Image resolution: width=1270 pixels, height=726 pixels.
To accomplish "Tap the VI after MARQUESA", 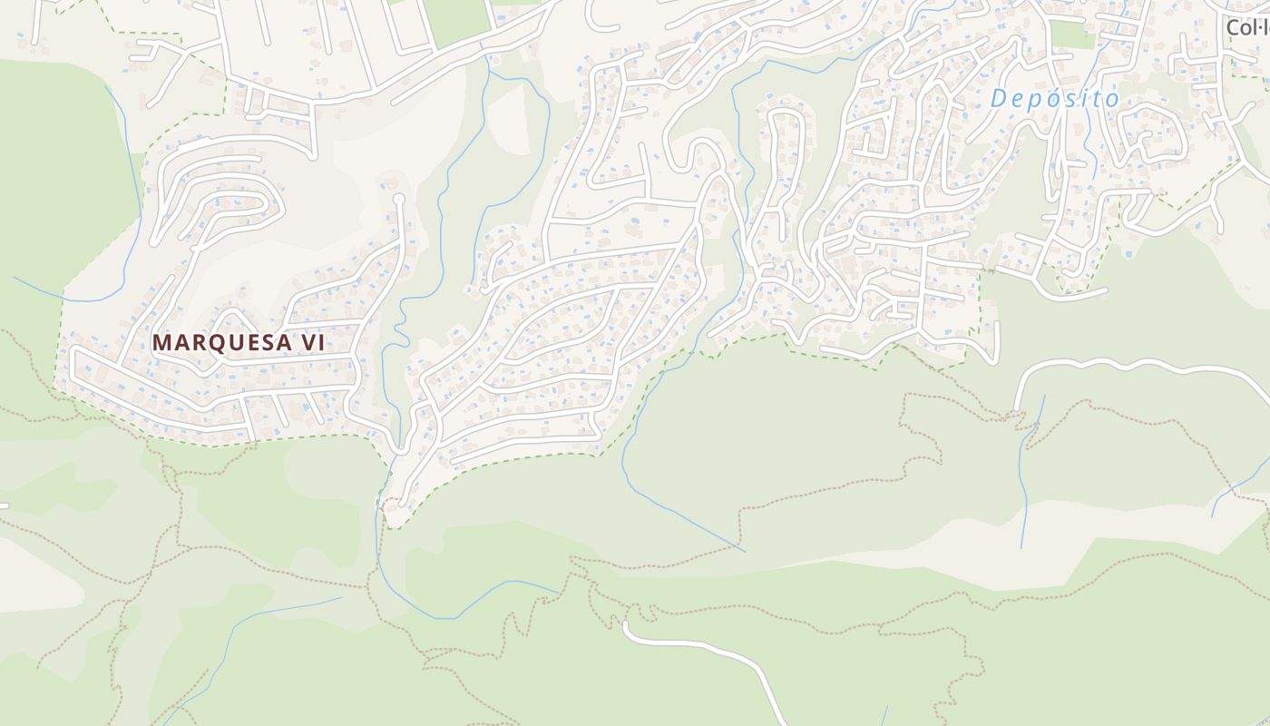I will click(x=311, y=342).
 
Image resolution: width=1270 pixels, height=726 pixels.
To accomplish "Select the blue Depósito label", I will click(x=1055, y=98).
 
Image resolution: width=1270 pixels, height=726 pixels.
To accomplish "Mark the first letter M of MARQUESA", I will click(x=161, y=342).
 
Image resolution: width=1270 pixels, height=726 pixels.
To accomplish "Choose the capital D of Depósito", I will click(x=999, y=98).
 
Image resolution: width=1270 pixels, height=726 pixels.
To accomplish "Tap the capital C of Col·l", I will click(x=1234, y=27).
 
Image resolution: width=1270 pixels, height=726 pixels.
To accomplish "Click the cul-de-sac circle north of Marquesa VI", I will click(x=397, y=197).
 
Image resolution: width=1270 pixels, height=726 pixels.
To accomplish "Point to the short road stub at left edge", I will click(x=4, y=505).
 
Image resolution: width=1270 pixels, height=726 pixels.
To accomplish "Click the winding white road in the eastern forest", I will click(x=1134, y=365).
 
